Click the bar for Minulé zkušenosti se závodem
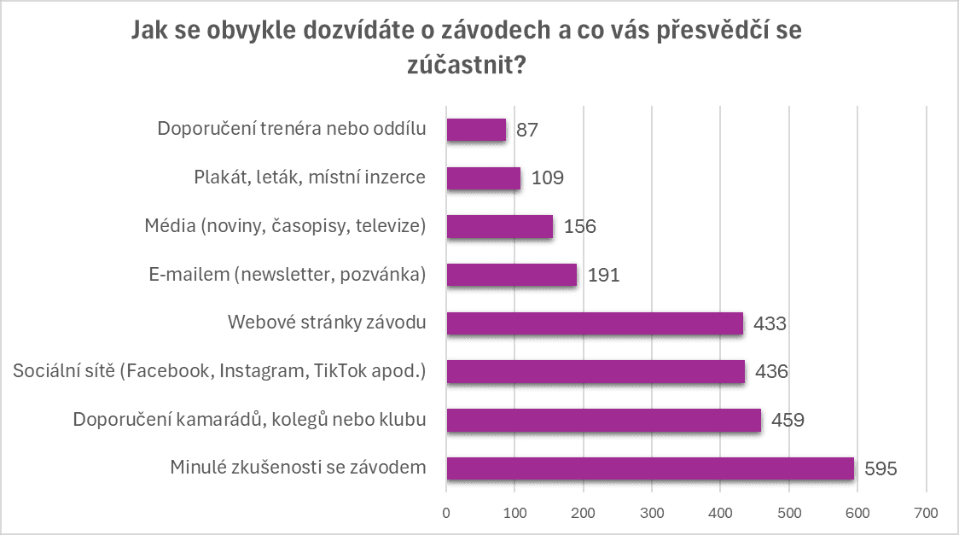click(x=649, y=468)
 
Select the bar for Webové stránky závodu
click(x=595, y=323)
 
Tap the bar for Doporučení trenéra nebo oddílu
click(x=476, y=130)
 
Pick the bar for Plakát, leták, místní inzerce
click(x=483, y=178)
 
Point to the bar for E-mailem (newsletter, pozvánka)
click(x=511, y=275)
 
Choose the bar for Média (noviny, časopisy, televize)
click(x=499, y=227)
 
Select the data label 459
click(x=788, y=421)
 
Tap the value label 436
click(x=770, y=372)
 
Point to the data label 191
click(x=602, y=276)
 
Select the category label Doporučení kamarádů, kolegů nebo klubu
click(x=249, y=420)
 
